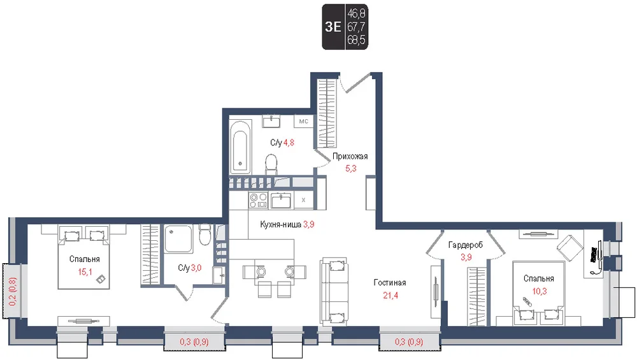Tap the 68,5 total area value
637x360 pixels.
[x=356, y=40]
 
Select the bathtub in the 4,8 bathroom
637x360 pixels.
[x=240, y=147]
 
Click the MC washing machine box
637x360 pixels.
[x=303, y=121]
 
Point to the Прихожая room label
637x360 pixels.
[x=350, y=156]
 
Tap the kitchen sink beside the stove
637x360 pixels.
[x=281, y=200]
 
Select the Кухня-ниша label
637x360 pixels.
[x=281, y=224]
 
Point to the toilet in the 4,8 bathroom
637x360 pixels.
[x=271, y=164]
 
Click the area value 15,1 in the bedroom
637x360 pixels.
[x=85, y=272]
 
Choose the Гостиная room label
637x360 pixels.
[x=390, y=283]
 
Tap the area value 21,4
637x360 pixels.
[x=390, y=296]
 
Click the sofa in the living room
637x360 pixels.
[x=334, y=291]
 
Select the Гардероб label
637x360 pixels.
[x=466, y=245]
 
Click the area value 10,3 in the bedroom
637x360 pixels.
[x=540, y=291]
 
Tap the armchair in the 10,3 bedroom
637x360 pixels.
[x=570, y=247]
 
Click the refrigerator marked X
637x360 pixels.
[x=303, y=200]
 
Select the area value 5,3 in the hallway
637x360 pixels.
[x=351, y=168]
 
